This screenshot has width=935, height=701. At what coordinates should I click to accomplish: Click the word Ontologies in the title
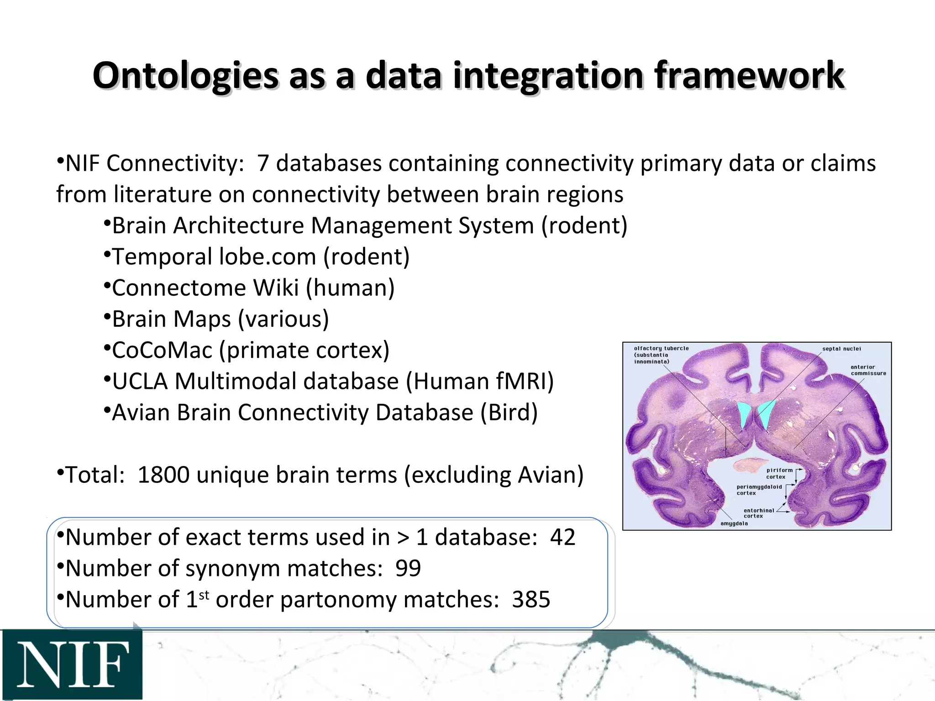(x=185, y=75)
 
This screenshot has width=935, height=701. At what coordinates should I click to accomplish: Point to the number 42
(x=562, y=537)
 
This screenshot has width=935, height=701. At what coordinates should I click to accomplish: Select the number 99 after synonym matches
(x=408, y=568)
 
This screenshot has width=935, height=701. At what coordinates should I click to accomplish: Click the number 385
(x=531, y=599)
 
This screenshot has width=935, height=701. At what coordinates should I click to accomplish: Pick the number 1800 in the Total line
(x=163, y=475)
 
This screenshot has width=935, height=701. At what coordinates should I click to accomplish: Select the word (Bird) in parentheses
(x=509, y=413)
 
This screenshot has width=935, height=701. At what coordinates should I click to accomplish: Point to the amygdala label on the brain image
(x=734, y=523)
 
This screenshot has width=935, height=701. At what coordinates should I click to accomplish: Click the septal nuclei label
(x=841, y=349)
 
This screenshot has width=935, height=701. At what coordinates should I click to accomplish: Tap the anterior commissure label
(x=868, y=370)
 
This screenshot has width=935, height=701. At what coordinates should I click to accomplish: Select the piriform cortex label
(x=779, y=473)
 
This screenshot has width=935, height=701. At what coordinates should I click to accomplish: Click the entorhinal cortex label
(x=759, y=513)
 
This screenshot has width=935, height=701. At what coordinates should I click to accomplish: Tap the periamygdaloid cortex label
(x=759, y=490)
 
